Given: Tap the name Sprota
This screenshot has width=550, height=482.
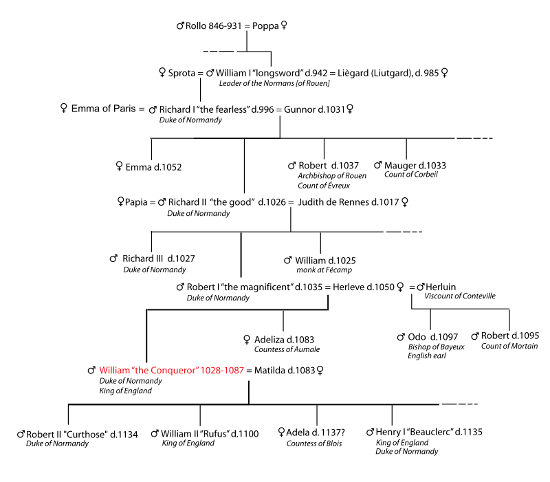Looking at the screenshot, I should [x=182, y=72].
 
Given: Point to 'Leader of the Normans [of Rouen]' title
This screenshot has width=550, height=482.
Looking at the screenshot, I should [x=274, y=83].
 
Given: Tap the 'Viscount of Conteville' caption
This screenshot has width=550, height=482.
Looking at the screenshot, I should [x=460, y=296].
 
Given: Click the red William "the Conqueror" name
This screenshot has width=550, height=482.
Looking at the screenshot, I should [x=171, y=370].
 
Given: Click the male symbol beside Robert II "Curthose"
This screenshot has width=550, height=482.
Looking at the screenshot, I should [x=21, y=434].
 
